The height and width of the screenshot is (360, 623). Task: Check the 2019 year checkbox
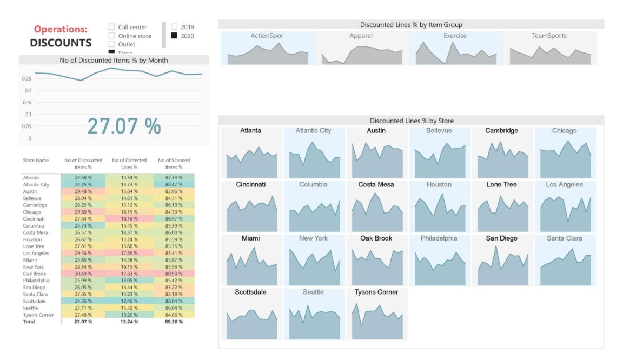point(174,27)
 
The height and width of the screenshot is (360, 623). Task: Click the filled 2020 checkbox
point(174,36)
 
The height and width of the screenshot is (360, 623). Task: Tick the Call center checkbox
point(111,27)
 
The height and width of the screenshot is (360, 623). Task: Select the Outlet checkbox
point(111,44)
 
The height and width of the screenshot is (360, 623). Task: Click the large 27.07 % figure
point(124,126)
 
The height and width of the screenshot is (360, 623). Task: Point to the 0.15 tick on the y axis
point(26,102)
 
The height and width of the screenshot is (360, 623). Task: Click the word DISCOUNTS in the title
point(61,43)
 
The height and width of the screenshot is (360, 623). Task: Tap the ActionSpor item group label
point(267,36)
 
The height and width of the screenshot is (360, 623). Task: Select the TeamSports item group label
point(549,36)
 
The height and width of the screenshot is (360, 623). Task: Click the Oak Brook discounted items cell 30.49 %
point(83,274)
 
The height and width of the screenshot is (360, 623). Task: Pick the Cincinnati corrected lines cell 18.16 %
point(129,219)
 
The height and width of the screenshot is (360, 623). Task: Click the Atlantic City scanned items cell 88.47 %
point(174,184)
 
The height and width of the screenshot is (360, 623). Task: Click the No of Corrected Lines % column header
point(129,163)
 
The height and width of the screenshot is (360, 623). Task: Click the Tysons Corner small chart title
point(376,292)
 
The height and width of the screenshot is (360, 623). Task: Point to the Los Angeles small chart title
point(564,184)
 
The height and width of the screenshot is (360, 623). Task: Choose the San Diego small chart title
point(501,238)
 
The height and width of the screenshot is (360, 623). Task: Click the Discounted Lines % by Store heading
point(411,121)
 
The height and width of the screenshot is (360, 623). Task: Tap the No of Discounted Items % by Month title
point(114,61)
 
